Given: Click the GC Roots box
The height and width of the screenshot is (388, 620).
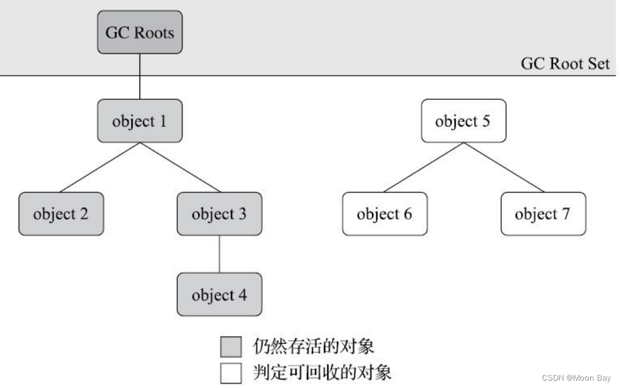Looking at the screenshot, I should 139,32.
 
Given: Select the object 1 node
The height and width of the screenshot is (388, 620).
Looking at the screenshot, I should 139,121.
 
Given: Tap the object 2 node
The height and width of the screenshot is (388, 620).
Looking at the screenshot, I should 60,214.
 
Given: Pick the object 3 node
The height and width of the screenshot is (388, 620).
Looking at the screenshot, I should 219,214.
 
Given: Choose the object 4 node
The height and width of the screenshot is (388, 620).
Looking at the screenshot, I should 219,295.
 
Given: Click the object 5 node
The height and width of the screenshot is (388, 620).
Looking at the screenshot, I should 463,121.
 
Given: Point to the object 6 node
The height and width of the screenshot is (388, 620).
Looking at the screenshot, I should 384,214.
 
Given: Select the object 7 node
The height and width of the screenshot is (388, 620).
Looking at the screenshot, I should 543,214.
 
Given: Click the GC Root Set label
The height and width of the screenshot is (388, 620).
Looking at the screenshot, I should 565,63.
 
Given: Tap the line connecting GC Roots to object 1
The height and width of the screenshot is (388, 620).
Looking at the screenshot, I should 140,76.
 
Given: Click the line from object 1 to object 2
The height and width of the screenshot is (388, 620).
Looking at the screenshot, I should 100,168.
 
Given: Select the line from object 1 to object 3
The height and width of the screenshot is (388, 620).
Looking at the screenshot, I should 180,168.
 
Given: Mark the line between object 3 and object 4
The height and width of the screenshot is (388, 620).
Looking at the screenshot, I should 219,254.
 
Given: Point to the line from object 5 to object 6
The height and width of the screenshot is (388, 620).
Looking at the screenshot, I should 423,168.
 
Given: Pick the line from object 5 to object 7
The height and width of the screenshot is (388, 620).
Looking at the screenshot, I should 503,168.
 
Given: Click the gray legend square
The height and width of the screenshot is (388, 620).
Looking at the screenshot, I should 231,347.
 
